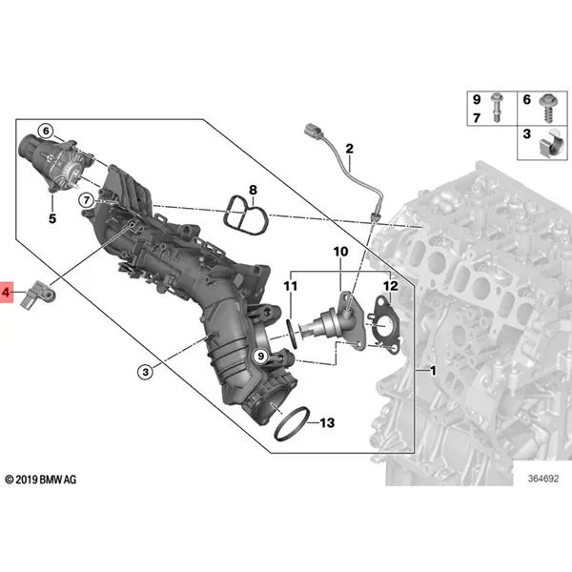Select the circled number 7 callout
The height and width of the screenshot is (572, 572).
[86, 200]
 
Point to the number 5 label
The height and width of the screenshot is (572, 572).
[52, 219]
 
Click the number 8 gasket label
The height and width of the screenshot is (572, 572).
[253, 191]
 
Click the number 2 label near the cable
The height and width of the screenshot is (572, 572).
[349, 148]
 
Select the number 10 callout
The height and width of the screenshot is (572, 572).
[340, 252]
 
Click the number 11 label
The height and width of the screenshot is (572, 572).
[291, 286]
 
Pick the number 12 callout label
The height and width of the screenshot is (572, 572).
[389, 286]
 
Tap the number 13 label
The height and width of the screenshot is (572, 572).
[326, 421]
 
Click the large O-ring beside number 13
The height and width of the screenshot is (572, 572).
[293, 420]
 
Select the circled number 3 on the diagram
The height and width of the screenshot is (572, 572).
[145, 371]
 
